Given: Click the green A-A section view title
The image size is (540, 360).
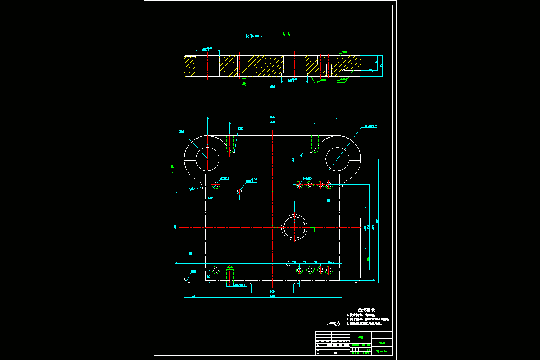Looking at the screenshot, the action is click(x=286, y=34).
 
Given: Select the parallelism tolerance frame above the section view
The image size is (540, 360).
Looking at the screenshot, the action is click(x=255, y=36).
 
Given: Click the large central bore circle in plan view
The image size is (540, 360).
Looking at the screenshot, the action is click(x=294, y=227).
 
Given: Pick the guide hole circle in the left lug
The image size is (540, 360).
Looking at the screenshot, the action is click(x=207, y=159).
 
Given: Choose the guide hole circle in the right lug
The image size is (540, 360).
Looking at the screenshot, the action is click(x=337, y=159).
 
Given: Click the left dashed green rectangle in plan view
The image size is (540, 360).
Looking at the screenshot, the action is click(x=190, y=229).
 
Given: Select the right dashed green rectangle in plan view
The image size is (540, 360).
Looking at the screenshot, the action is click(x=357, y=229).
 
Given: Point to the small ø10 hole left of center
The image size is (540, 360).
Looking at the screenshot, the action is click(x=239, y=191).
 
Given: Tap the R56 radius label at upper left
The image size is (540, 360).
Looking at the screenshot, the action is click(x=181, y=132).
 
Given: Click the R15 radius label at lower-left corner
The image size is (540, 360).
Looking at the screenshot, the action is click(x=193, y=271).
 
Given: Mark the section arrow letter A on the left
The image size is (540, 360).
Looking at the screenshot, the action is click(x=172, y=167).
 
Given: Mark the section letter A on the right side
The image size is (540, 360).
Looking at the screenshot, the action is click(x=368, y=259).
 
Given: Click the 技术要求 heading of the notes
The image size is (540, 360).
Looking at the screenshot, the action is click(x=366, y=310).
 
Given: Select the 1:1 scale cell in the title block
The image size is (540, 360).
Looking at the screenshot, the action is click(x=369, y=349).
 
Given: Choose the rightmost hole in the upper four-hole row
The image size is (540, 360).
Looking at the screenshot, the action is click(x=328, y=184).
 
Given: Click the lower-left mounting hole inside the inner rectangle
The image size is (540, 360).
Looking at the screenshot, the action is click(x=216, y=270).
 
